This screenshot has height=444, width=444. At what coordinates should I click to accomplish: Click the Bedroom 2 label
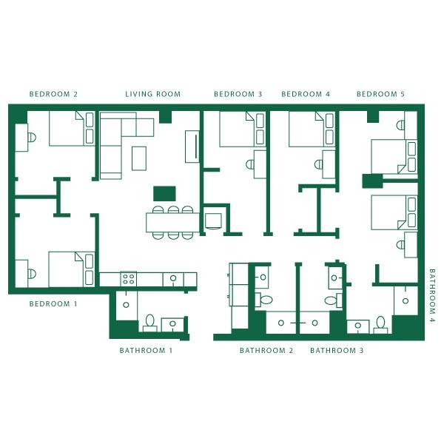(53, 94)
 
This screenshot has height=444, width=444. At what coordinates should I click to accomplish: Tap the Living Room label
(153, 94)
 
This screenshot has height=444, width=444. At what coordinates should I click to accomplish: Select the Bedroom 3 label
(238, 94)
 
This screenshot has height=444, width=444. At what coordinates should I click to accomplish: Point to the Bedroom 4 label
(306, 94)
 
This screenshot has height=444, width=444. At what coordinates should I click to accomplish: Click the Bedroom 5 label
(380, 94)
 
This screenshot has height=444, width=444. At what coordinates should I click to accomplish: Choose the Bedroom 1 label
(53, 304)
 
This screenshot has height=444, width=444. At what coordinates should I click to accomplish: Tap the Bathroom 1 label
(146, 351)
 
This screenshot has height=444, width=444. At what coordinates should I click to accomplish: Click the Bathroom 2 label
(266, 351)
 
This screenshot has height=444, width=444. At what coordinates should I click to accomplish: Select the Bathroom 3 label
(337, 351)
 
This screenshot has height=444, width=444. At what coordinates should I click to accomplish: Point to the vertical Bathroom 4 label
(432, 296)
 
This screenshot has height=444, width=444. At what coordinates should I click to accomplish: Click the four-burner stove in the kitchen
(129, 279)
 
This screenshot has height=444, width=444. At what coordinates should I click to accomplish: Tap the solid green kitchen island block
(164, 194)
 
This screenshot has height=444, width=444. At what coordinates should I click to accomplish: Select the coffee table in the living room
(139, 158)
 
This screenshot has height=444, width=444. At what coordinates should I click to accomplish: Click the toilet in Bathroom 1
(149, 323)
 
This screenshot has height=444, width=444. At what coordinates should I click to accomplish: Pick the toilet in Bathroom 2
(263, 300)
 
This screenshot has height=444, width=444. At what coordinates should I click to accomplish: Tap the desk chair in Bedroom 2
(32, 138)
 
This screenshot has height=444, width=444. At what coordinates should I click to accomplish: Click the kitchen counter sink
(173, 279)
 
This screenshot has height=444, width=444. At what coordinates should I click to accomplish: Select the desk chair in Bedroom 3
(250, 164)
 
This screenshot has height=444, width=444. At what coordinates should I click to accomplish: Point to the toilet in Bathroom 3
(334, 300)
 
